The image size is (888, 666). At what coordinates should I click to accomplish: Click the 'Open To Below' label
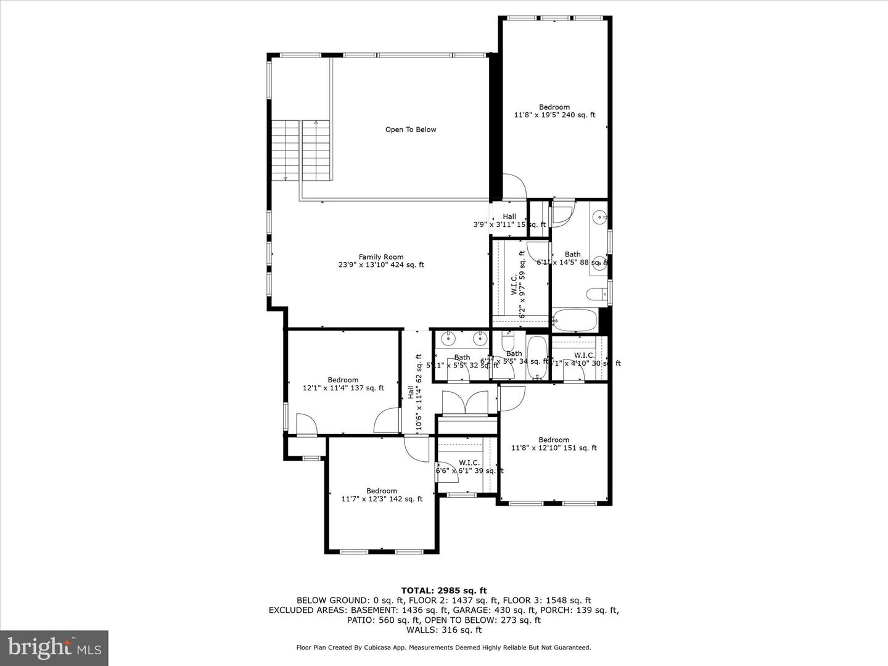(411, 129)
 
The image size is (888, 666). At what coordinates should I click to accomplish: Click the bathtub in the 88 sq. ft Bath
(575, 320)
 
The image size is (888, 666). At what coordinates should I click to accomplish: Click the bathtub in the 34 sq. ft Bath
(537, 358)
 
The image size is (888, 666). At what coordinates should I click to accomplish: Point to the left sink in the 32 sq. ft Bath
(448, 338)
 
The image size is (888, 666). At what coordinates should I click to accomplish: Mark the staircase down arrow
(286, 178)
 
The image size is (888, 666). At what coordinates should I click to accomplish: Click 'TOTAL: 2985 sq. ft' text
(444, 590)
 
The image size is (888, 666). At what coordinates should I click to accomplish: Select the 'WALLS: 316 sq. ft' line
(444, 630)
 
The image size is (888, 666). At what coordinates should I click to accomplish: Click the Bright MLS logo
(54, 647)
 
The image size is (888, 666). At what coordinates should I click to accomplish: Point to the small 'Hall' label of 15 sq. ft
(509, 216)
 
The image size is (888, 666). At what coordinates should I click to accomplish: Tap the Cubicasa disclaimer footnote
(444, 647)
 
